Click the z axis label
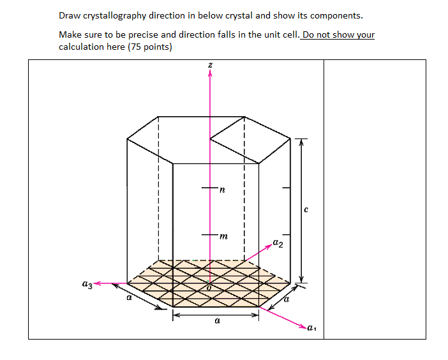(x=210, y=65)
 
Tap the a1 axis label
(x=311, y=329)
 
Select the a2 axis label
(x=278, y=243)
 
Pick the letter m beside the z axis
(x=223, y=237)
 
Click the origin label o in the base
(x=208, y=288)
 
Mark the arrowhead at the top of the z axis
(x=210, y=74)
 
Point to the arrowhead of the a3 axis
(x=98, y=283)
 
